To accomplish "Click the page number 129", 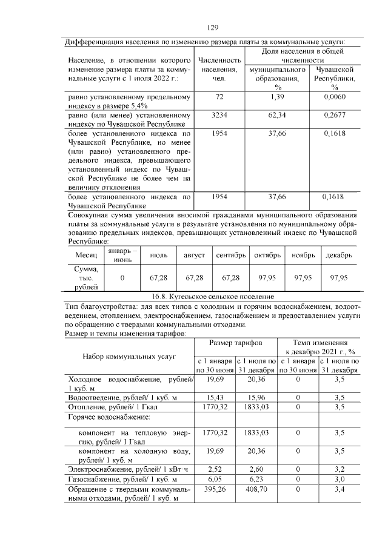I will tap(212, 28).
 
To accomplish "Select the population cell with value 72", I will tap(219, 97).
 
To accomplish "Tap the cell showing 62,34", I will tap(277, 114).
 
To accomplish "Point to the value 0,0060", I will tap(335, 97).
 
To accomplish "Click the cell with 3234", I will tap(219, 114).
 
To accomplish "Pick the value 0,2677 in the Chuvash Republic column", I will tap(335, 114).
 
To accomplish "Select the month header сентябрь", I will tap(230, 256).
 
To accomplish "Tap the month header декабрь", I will tap(339, 256).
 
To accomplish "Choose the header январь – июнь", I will tap(122, 256).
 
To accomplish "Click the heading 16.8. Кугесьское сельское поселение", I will tap(212, 297).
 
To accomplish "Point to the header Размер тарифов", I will tap(235, 342).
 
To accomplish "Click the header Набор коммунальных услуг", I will tap(129, 356).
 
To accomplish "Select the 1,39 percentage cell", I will tap(277, 97).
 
